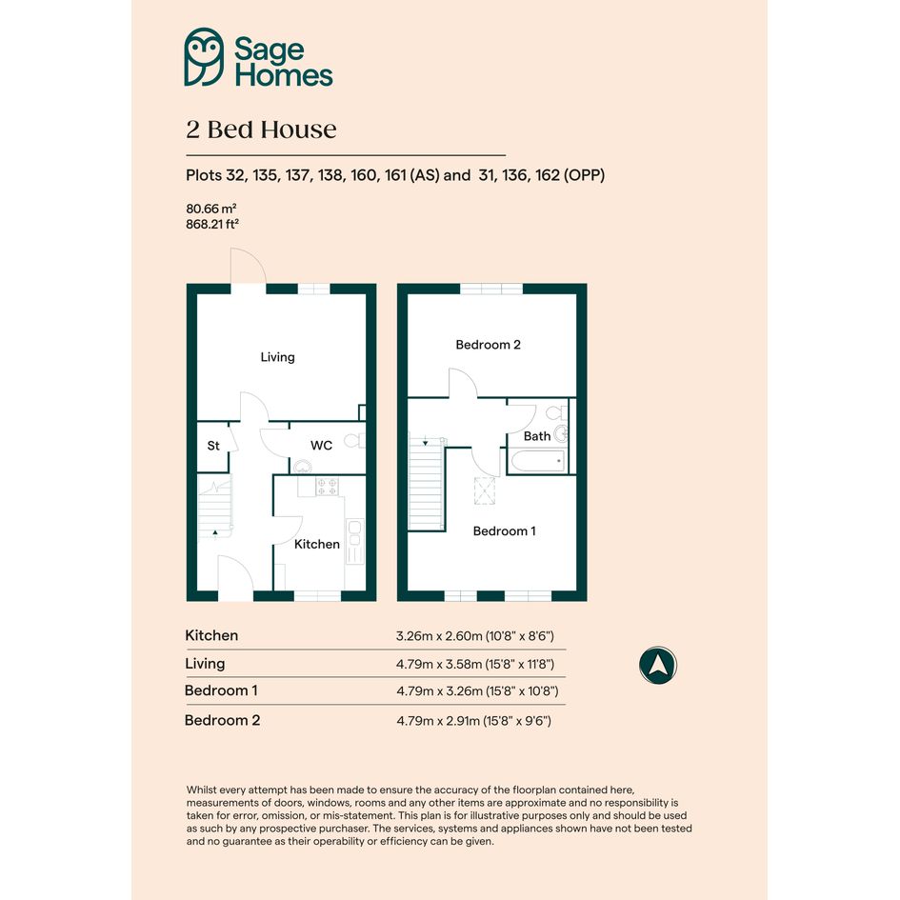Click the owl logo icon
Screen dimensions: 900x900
(x=204, y=57)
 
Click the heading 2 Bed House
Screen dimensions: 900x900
(x=261, y=130)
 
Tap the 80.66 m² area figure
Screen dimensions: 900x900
(x=211, y=209)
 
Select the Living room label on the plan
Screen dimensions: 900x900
(x=278, y=357)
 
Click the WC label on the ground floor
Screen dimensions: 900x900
(x=322, y=446)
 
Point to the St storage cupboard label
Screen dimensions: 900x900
(x=213, y=446)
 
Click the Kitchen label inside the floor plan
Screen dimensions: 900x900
(x=317, y=544)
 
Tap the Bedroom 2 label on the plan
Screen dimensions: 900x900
(x=488, y=345)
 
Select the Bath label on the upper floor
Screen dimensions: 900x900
(x=537, y=436)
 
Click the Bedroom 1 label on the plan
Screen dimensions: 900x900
(x=504, y=530)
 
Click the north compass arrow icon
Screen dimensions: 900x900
(x=658, y=666)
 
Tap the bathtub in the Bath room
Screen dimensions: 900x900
(x=537, y=462)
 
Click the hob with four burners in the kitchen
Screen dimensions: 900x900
(x=328, y=487)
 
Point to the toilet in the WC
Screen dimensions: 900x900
(x=354, y=441)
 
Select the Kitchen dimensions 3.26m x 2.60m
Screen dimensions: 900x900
(x=474, y=636)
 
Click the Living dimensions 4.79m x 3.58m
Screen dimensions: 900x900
(x=474, y=664)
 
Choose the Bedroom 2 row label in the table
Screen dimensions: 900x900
(x=222, y=720)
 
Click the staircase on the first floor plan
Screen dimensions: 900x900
(x=426, y=484)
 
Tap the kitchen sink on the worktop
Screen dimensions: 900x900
(x=354, y=533)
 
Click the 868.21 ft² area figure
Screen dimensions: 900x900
(x=211, y=225)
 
